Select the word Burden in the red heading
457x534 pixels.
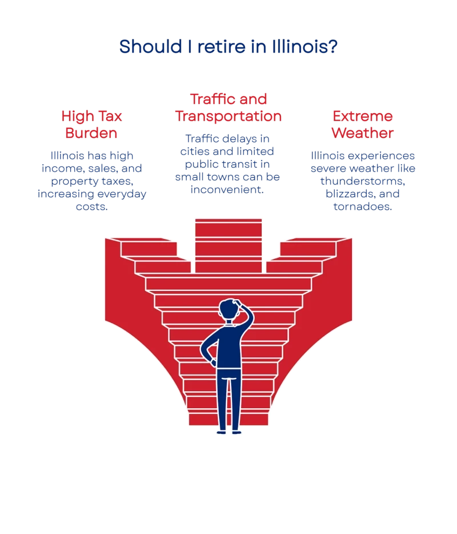[91, 134]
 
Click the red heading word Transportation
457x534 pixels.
[228, 116]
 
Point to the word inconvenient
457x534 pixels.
[228, 189]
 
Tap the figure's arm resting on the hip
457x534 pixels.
[208, 352]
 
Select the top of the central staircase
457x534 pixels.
[228, 220]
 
